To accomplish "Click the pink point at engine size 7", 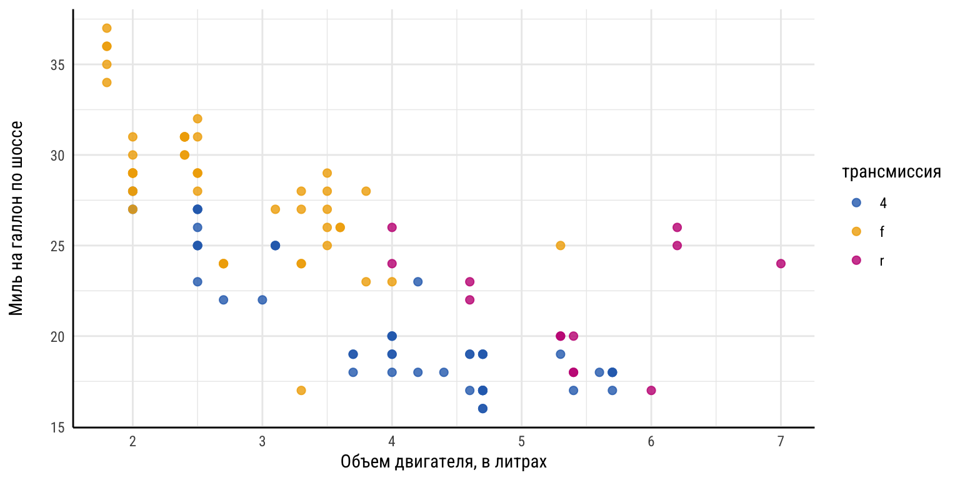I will (x=781, y=264).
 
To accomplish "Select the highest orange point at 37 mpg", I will (x=107, y=28).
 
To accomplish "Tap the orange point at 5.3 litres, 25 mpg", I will (x=561, y=246).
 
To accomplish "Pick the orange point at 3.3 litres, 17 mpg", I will (x=301, y=391).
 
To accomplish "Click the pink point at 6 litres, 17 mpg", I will (x=651, y=391).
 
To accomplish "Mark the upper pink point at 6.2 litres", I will (x=677, y=227).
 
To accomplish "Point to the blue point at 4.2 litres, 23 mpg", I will (x=418, y=282).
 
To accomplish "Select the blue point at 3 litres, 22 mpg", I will (x=262, y=300).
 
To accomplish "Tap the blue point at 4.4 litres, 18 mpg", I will (x=444, y=372).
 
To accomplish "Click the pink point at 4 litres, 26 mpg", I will (x=392, y=227).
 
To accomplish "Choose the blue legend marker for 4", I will (x=856, y=202).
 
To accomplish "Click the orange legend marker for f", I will (x=856, y=231).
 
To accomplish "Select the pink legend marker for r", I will (x=856, y=260).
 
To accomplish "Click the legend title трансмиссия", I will (x=892, y=173).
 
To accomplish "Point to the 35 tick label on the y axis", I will (x=58, y=65).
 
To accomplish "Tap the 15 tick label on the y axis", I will (x=58, y=427).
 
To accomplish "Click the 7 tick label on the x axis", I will (x=781, y=442).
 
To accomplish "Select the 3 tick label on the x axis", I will (x=262, y=442).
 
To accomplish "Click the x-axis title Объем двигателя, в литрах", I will (x=444, y=463).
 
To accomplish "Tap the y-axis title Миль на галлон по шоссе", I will (x=17, y=218).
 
